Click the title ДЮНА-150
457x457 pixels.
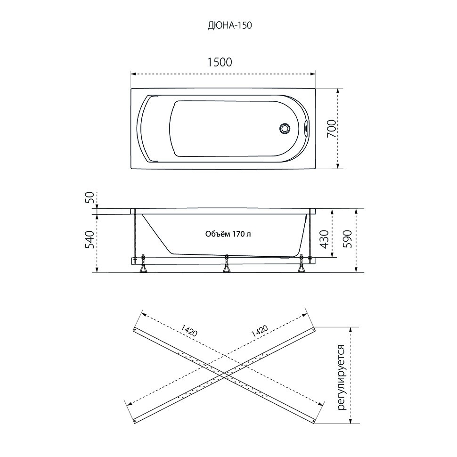(x=229, y=25)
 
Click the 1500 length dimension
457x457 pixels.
(x=220, y=62)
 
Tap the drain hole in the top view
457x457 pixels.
(x=284, y=128)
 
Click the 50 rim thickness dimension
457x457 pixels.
(x=90, y=197)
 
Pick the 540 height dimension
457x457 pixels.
(x=90, y=239)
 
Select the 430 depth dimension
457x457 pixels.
(x=325, y=239)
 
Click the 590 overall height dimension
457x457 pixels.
(x=349, y=239)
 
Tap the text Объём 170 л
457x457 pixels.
(x=228, y=234)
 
